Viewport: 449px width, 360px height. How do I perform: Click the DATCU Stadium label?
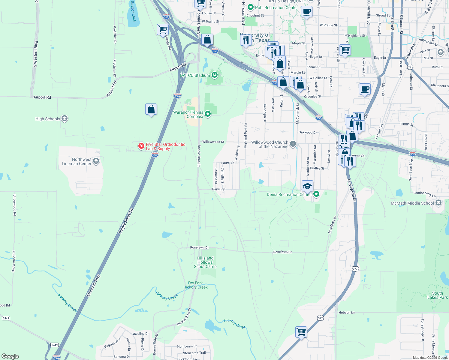(195, 75)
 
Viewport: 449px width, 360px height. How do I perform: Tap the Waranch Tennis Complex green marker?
(207, 114)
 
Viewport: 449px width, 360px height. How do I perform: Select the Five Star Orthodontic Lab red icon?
(141, 146)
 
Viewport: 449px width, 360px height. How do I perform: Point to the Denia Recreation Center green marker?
(316, 194)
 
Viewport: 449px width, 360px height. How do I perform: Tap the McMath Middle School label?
(412, 203)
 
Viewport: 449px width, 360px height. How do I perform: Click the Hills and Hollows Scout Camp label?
(205, 262)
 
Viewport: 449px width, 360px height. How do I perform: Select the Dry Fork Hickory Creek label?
(195, 285)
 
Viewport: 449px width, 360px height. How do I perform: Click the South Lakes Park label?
(437, 295)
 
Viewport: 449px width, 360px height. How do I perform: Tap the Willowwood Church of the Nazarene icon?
(293, 144)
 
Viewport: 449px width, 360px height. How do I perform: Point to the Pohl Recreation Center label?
(276, 7)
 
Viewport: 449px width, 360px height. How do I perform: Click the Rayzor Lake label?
(134, 11)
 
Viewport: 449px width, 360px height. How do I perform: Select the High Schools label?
(48, 119)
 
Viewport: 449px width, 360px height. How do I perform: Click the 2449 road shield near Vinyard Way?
(54, 345)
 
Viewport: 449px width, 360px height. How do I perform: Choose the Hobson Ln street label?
(346, 312)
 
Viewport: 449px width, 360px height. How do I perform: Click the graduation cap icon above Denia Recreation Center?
(307, 186)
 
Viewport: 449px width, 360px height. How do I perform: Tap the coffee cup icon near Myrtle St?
(365, 89)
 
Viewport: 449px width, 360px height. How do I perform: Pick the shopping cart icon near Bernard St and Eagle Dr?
(345, 50)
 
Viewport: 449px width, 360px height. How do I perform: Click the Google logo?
(10, 356)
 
